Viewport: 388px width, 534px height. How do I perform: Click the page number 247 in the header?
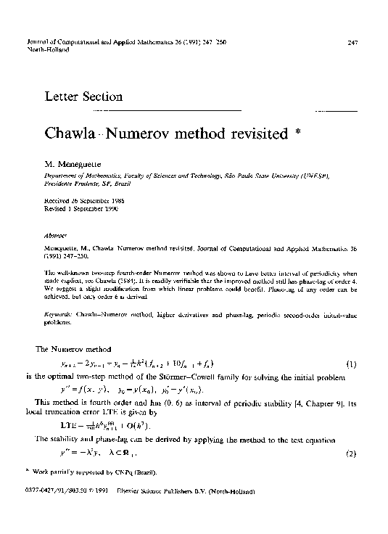point(354,43)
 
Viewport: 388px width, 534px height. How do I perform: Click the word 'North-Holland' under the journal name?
point(47,50)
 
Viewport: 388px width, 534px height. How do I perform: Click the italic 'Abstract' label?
point(53,236)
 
